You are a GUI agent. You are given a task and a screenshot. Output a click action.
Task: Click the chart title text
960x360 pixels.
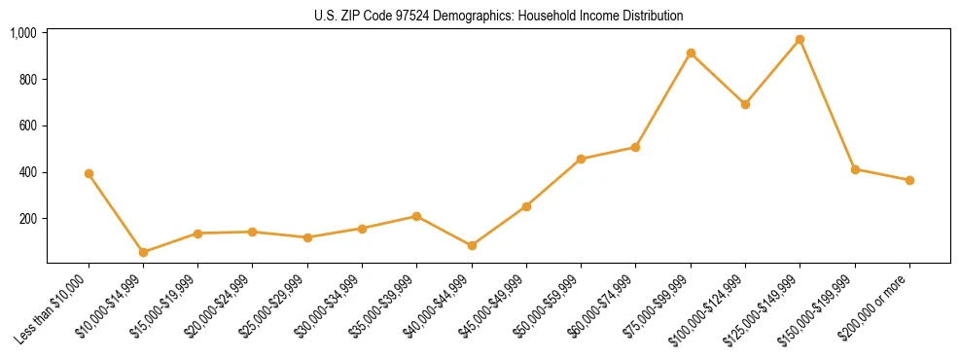click(x=499, y=16)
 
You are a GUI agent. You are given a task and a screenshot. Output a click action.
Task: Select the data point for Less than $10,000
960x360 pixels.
click(x=89, y=173)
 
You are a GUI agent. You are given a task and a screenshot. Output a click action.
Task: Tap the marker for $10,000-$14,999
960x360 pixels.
click(x=143, y=252)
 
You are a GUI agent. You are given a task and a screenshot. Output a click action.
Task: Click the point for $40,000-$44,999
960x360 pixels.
click(x=472, y=245)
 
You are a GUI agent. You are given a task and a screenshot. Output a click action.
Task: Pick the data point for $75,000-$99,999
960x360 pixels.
click(x=691, y=53)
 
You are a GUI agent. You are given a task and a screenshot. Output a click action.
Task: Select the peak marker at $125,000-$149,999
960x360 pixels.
click(x=800, y=40)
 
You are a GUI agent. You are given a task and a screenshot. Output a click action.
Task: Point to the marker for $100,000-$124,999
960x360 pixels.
click(x=745, y=104)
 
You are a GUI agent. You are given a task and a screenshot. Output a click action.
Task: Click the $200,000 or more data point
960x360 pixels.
click(x=909, y=180)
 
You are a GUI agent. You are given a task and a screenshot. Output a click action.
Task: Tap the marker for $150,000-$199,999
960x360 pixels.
click(x=855, y=169)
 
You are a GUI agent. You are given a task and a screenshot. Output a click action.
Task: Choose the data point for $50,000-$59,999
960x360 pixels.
click(x=581, y=159)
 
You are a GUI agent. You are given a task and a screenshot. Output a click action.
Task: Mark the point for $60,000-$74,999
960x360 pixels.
click(x=635, y=147)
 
